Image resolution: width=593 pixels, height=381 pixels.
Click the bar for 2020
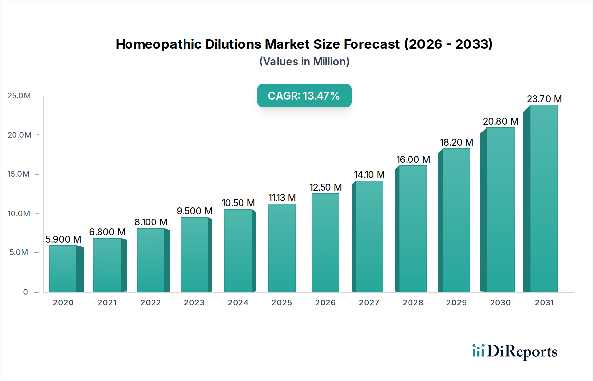click(x=63, y=269)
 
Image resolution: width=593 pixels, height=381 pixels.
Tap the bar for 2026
click(x=325, y=243)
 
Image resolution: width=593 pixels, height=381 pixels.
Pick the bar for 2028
click(x=412, y=229)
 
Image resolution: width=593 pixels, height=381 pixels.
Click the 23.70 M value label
click(x=544, y=99)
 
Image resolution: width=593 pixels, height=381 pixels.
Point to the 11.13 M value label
click(x=282, y=198)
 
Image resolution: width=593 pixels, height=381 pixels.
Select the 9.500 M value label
click(x=194, y=211)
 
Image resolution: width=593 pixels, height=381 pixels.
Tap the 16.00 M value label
click(x=413, y=160)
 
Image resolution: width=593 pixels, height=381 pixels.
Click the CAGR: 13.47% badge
click(x=304, y=96)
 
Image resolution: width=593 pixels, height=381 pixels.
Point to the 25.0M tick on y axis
click(x=19, y=96)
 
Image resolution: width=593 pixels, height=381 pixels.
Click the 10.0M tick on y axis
click(x=19, y=214)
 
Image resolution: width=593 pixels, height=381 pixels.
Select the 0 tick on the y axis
click(x=25, y=292)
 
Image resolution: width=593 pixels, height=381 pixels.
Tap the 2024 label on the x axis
click(x=238, y=303)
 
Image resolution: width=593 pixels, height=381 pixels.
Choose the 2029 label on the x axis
click(x=456, y=303)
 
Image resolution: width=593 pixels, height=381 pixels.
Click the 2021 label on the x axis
click(x=107, y=303)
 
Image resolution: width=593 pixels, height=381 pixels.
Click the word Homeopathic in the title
click(x=158, y=44)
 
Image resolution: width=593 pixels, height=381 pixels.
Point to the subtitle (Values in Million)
click(x=304, y=62)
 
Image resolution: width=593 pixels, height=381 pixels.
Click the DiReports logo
click(x=515, y=351)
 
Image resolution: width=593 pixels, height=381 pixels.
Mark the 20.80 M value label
click(x=500, y=121)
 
